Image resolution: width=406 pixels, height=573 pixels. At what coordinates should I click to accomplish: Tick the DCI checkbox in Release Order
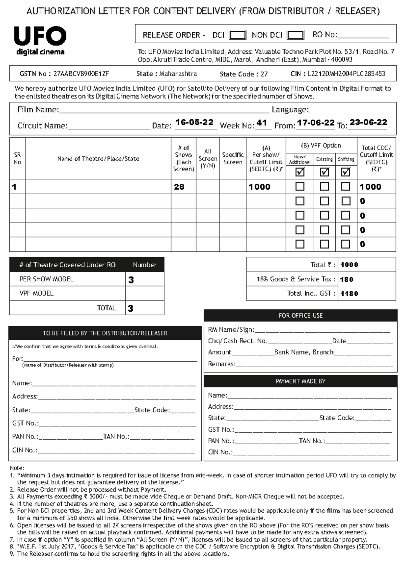pyautogui.click(x=237, y=35)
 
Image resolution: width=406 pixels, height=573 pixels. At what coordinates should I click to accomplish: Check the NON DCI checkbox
pyautogui.click(x=295, y=35)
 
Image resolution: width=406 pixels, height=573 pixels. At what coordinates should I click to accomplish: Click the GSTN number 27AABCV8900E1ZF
pyautogui.click(x=81, y=74)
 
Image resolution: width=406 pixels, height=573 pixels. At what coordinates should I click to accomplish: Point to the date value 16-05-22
pyautogui.click(x=194, y=122)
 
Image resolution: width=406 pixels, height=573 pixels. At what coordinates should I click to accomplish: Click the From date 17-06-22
pyautogui.click(x=316, y=123)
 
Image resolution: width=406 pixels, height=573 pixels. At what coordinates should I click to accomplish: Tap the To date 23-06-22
pyautogui.click(x=368, y=122)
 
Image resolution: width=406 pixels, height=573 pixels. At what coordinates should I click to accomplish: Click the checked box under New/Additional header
pyautogui.click(x=300, y=172)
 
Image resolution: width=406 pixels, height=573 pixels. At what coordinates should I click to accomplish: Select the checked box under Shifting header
pyautogui.click(x=345, y=172)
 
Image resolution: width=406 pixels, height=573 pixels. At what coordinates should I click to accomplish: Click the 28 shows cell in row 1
pyautogui.click(x=179, y=187)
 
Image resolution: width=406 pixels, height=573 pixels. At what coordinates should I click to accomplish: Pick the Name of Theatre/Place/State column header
pyautogui.click(x=98, y=158)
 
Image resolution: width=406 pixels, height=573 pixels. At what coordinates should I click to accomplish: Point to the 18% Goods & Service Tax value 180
pyautogui.click(x=347, y=279)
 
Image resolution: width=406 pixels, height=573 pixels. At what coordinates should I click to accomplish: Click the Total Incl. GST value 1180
pyautogui.click(x=349, y=294)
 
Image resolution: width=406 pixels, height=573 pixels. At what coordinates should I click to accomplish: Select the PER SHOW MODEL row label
pyautogui.click(x=46, y=279)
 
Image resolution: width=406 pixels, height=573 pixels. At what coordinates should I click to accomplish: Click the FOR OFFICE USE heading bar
pyautogui.click(x=300, y=316)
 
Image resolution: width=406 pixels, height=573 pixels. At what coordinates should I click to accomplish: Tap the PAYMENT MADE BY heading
pyautogui.click(x=300, y=381)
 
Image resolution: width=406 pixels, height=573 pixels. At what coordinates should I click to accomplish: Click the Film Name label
pyautogui.click(x=38, y=110)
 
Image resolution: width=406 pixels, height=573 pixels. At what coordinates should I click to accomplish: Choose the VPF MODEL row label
pyautogui.click(x=37, y=293)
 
